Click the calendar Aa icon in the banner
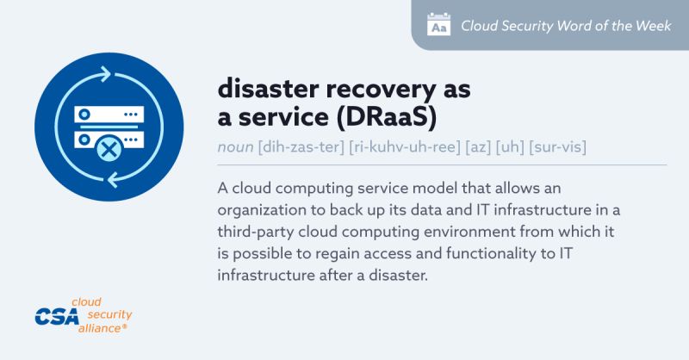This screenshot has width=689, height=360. [438, 25]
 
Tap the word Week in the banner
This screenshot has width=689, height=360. [653, 26]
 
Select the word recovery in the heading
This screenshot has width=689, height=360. [381, 90]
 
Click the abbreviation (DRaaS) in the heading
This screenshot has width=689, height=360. [387, 118]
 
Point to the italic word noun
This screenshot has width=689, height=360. [235, 146]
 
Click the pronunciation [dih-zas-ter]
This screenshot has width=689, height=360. [301, 146]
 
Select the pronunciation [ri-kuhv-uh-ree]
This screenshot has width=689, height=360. [404, 146]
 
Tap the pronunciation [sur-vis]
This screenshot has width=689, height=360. [557, 146]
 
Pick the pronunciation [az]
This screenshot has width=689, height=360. [478, 146]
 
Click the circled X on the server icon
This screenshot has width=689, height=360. [109, 150]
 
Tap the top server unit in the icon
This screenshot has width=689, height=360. [109, 115]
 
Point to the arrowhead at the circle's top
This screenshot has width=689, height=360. [105, 74]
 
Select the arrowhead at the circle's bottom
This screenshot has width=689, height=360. [113, 179]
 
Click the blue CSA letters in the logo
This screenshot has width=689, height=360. [57, 316]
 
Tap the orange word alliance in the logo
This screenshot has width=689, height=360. [100, 328]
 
